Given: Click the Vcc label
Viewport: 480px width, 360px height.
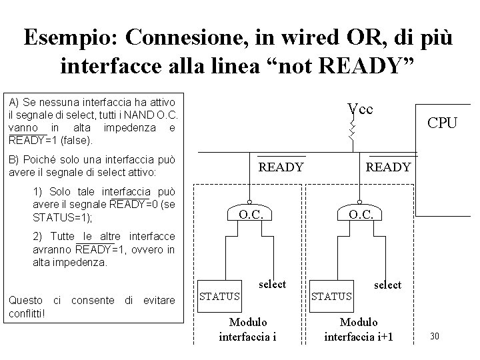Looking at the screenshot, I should [360, 109].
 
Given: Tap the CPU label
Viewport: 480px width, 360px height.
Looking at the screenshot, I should [443, 123].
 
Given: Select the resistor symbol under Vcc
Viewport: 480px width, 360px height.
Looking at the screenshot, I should [353, 131].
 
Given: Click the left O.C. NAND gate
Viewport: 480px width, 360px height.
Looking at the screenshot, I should [251, 213].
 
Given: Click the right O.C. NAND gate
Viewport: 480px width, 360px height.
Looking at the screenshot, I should [359, 213].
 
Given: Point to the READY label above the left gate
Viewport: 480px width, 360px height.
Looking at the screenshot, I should [281, 167].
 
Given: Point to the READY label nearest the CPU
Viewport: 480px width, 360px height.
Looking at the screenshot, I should [389, 167].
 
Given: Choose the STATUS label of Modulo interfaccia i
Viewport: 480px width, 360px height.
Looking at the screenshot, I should [221, 295].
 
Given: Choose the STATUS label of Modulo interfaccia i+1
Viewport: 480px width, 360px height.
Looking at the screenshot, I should [333, 295].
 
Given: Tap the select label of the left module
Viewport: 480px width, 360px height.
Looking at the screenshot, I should [272, 284].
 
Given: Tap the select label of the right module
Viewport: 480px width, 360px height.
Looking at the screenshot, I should [388, 285].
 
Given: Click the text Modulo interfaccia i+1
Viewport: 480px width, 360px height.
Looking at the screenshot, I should [359, 329].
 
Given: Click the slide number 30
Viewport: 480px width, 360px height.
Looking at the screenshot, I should [434, 335].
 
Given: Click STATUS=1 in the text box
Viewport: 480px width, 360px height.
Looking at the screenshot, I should [60, 217].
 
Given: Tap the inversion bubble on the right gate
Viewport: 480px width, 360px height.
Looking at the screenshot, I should [359, 202].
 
